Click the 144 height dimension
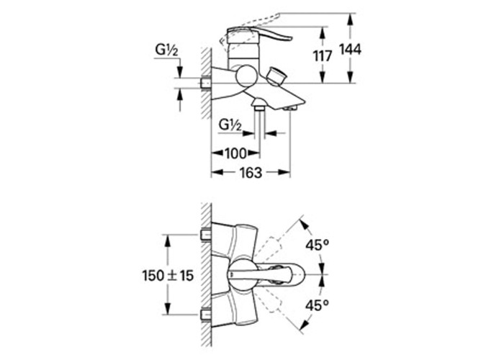coord(351,50)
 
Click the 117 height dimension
coord(323,56)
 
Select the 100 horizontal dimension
coord(235,153)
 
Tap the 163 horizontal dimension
coord(251,173)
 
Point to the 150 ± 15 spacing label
coord(168,276)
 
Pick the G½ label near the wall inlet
coord(166,50)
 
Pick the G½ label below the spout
coord(230,125)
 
